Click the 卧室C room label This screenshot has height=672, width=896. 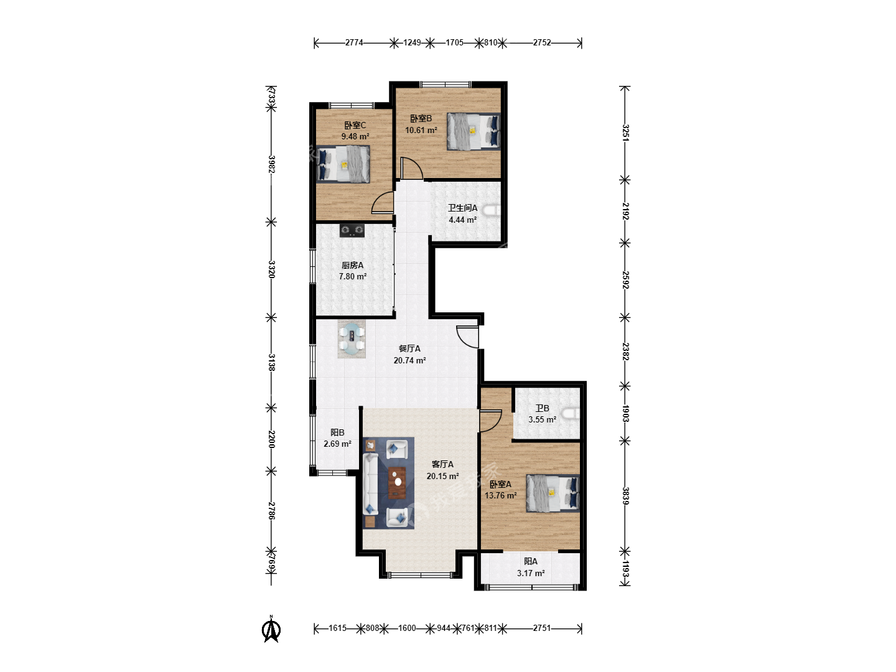[355, 125]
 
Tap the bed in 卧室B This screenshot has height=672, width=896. [474, 131]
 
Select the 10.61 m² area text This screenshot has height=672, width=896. [421, 130]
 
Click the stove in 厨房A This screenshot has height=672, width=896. [352, 230]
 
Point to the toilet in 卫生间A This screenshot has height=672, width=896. [492, 210]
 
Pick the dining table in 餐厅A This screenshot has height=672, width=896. [352, 340]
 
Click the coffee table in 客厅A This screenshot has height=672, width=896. [397, 483]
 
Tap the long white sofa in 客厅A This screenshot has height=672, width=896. [370, 484]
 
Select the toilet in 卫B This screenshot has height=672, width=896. [571, 414]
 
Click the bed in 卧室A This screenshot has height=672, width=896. [553, 493]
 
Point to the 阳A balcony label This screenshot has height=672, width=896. [531, 561]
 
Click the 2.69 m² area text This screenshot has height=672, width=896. [338, 444]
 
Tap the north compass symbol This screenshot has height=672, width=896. [271, 629]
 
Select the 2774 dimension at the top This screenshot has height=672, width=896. [354, 42]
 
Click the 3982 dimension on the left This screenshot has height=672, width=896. [272, 164]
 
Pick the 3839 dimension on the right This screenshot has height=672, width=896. [625, 496]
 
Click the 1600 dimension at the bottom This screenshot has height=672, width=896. [407, 628]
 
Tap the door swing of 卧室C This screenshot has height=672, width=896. [383, 203]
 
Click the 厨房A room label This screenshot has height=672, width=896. [352, 265]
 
